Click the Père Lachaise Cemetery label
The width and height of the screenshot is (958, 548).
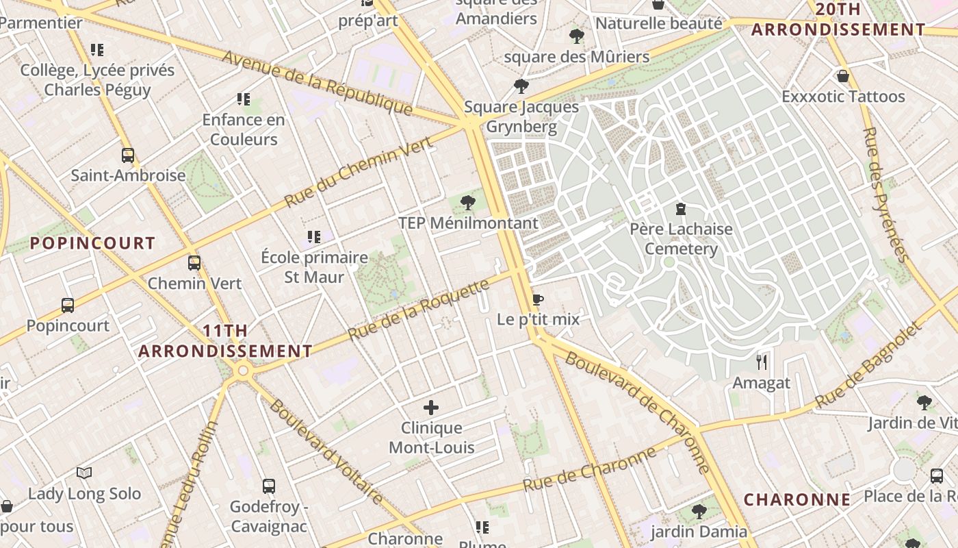pos(681,238)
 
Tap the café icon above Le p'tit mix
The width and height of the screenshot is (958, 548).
pos(538,299)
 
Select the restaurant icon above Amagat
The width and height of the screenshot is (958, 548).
pos(761,362)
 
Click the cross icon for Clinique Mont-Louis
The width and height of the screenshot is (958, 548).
pos(431,408)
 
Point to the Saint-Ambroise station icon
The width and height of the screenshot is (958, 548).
pos(128,155)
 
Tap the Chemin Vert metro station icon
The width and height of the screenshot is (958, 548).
pos(194,262)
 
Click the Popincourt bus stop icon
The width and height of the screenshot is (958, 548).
pos(68,305)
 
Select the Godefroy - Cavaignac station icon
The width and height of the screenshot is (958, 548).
pos(269,486)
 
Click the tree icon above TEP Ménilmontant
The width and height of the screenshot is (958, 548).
pos(468,202)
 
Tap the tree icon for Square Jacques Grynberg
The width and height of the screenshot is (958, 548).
pos(521,86)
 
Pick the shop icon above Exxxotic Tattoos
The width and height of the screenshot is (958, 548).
pos(843,75)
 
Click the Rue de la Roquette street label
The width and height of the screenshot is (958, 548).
pos(419,310)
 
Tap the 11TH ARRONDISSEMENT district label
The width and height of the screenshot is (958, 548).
pos(225,341)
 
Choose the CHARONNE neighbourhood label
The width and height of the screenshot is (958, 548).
pos(797,499)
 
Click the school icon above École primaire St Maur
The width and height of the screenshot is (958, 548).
pos(314,237)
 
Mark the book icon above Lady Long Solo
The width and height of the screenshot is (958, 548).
pos(84,473)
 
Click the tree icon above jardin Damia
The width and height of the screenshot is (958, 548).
pos(699,511)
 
